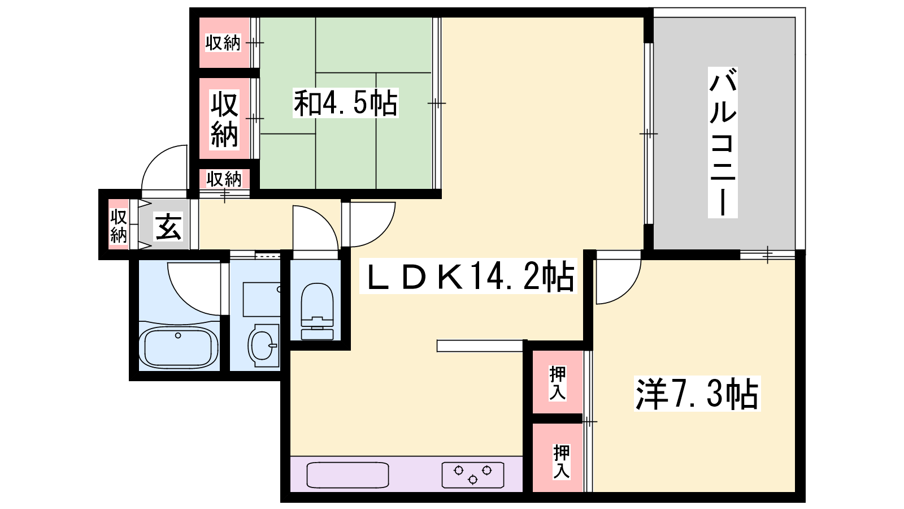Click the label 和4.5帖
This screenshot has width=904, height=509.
click(345, 103)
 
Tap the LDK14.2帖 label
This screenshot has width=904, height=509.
click(468, 277)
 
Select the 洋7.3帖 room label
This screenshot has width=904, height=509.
click(697, 394)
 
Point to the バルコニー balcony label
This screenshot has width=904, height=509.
click(723, 142)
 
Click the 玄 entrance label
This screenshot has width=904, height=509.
click(168, 227)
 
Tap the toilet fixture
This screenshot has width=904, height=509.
click(317, 311)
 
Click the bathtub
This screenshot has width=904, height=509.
click(179, 348)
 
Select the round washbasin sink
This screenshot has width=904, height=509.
click(263, 346)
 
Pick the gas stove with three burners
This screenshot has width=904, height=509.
click(472, 475)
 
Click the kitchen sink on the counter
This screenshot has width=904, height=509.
click(347, 475)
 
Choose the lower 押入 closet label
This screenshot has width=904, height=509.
click(562, 461)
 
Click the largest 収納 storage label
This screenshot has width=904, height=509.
click(224, 119)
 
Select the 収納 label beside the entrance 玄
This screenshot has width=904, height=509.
click(119, 226)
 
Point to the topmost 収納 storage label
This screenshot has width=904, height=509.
click(223, 43)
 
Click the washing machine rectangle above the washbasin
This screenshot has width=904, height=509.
click(262, 299)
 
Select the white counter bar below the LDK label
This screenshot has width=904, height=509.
click(480, 346)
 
